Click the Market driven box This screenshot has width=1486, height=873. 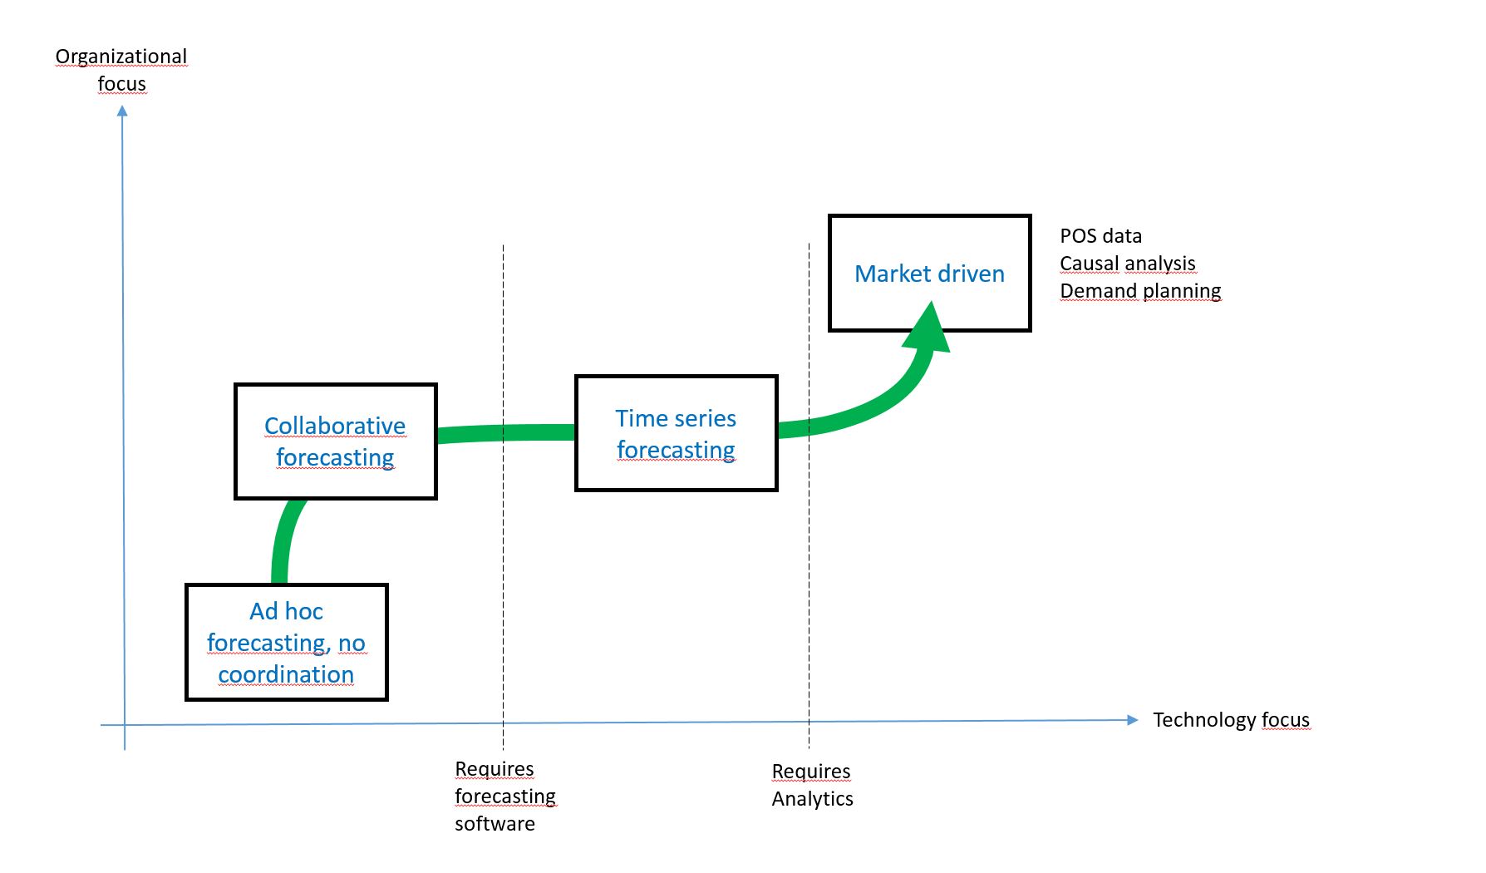pos(929,274)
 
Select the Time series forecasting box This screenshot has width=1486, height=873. pos(676,433)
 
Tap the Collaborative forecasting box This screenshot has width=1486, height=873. pos(335,441)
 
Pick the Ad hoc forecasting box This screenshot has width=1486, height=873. pos(286,642)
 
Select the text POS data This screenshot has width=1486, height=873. pos(1100,236)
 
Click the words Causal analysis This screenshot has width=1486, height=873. pos(1127,264)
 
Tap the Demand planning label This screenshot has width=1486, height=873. pos(1140,291)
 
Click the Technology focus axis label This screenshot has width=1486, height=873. pos(1230,720)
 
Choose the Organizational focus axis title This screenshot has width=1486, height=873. pos(121,70)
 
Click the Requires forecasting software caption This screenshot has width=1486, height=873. pos(504,796)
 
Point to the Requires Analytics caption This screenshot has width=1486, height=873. pos(812,785)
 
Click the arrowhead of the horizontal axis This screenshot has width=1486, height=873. pos(1132,720)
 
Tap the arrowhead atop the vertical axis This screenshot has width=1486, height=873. pos(122,112)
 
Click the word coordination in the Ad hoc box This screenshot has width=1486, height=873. pos(286,674)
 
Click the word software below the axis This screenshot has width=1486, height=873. pos(495,824)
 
